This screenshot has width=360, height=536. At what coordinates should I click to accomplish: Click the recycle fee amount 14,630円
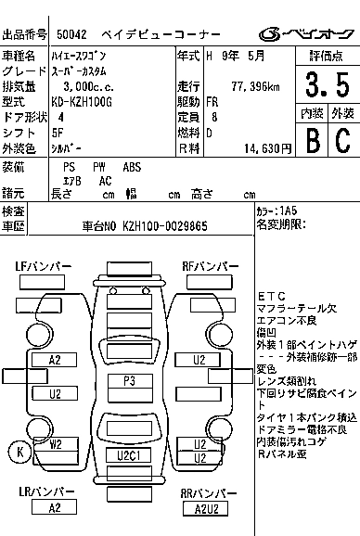[266, 148]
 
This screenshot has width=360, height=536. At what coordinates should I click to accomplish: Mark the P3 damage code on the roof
[129, 381]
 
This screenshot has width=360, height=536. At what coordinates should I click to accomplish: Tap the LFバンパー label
[43, 267]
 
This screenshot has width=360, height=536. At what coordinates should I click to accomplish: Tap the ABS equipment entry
[133, 167]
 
